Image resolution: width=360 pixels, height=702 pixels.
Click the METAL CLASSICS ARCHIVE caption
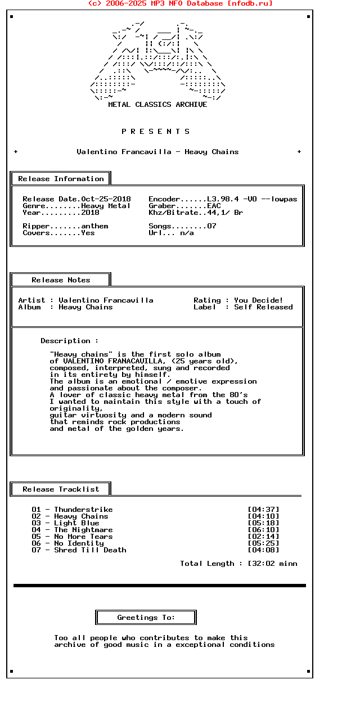pyautogui.click(x=157, y=105)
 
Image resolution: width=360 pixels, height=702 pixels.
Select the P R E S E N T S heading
pyautogui.click(x=156, y=132)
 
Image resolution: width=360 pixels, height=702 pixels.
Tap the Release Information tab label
pyautogui.click(x=61, y=179)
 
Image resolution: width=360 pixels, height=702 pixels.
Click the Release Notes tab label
pyautogui.click(x=61, y=280)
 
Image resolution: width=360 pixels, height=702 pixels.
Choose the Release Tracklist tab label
pyautogui.click(x=61, y=489)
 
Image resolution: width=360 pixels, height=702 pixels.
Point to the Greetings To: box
pyautogui.click(x=146, y=618)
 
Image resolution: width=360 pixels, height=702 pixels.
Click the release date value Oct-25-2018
pyautogui.click(x=106, y=199)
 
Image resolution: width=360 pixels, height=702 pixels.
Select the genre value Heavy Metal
pyautogui.click(x=106, y=206)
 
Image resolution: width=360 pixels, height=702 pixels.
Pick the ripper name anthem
pyautogui.click(x=94, y=226)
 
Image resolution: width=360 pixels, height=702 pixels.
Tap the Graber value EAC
pyautogui.click(x=214, y=206)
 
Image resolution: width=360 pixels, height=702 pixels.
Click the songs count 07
pyautogui.click(x=211, y=226)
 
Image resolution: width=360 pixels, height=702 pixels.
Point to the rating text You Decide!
pyautogui.click(x=259, y=300)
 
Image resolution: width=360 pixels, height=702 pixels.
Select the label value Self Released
pyautogui.click(x=263, y=307)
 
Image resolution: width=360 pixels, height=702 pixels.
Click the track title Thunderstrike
pyautogui.click(x=83, y=510)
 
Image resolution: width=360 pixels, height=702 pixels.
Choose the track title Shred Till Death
pyautogui.click(x=90, y=550)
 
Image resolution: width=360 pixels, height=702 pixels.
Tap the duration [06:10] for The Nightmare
pyautogui.click(x=263, y=530)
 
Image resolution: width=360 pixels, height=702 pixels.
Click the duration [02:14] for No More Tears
pyautogui.click(x=263, y=537)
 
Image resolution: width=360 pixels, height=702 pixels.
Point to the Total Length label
pyautogui.click(x=207, y=564)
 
